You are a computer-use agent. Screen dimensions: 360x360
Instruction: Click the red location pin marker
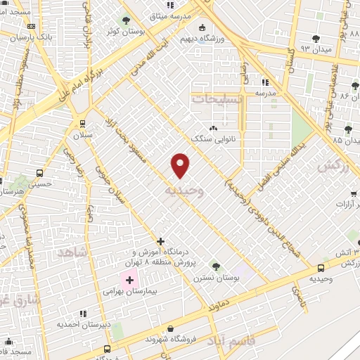pyautogui.click(x=181, y=165)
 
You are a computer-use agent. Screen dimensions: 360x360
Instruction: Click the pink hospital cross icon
pyautogui.click(x=129, y=281)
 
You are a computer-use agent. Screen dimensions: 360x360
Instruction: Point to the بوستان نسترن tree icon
pyautogui.click(x=215, y=266)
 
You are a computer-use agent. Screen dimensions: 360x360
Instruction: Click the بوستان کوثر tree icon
pyautogui.click(x=126, y=20)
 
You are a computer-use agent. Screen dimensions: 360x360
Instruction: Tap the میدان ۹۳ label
pyautogui.click(x=314, y=49)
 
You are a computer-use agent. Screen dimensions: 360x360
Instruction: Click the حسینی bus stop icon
pyautogui.click(x=39, y=173)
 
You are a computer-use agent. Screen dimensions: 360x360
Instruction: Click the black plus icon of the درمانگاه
pyautogui.click(x=161, y=241)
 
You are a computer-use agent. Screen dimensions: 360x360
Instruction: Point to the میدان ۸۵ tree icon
pyautogui.click(x=348, y=129)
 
